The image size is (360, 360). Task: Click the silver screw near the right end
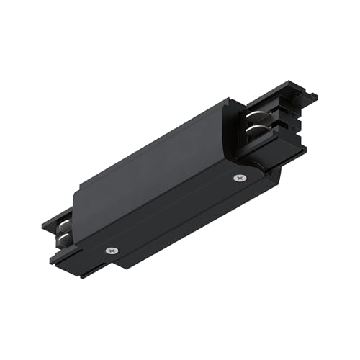click(x=238, y=177)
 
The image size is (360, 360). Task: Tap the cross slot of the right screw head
click(x=238, y=177)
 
